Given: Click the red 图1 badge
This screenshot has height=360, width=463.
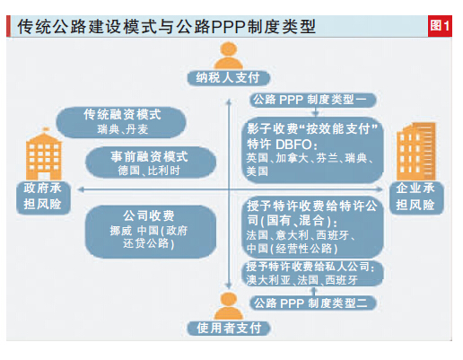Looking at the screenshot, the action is [x=440, y=26].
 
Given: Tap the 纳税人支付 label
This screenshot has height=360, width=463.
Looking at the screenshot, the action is [x=229, y=78].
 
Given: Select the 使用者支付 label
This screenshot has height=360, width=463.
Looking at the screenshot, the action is [x=229, y=328].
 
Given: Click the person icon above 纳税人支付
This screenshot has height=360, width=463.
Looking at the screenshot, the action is [x=229, y=56].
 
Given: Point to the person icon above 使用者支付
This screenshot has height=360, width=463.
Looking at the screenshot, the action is [x=229, y=306].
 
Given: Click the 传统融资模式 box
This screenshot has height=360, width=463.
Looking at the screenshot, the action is [x=121, y=122].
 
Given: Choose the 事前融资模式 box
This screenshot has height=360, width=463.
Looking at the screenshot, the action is [x=151, y=162].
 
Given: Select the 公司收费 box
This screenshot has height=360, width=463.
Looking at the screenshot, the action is [x=151, y=232].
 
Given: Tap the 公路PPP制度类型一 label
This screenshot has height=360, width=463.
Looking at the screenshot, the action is [x=313, y=100].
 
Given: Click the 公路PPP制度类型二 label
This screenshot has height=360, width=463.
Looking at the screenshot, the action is [x=313, y=303].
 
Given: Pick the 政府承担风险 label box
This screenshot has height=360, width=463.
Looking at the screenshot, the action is [x=43, y=198].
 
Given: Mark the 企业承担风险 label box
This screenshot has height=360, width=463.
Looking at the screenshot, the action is [x=416, y=198].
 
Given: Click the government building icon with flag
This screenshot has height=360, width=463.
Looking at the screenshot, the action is [x=44, y=154].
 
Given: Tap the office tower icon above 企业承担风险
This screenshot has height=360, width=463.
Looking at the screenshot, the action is [x=416, y=151].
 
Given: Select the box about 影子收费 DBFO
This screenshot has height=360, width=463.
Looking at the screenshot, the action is [x=312, y=150].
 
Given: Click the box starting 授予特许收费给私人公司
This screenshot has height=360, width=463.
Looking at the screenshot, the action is [x=312, y=273].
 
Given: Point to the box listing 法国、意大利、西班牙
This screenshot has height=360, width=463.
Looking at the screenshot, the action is [x=312, y=227].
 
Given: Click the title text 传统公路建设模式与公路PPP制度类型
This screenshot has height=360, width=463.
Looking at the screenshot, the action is [x=166, y=26].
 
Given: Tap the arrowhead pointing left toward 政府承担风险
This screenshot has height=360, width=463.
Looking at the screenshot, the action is [x=80, y=189].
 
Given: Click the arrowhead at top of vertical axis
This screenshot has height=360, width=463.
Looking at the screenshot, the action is [x=229, y=101].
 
